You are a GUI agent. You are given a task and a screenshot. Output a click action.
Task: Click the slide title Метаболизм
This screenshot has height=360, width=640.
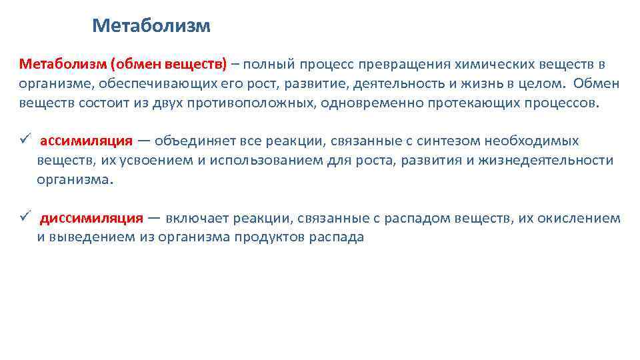pos(151,26)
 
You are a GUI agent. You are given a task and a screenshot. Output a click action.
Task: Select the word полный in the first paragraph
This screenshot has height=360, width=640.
pos(271,64)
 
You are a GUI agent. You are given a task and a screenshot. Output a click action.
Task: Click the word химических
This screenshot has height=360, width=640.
pos(492,64)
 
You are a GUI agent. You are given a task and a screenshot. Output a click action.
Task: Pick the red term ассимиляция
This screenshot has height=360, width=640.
pos(86,141)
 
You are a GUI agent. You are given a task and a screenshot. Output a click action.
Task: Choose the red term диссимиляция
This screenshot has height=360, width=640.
pos(91,218)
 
